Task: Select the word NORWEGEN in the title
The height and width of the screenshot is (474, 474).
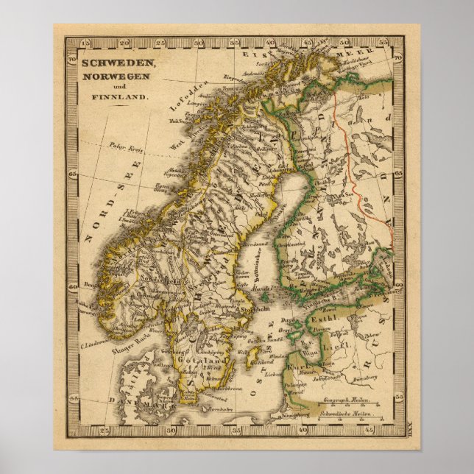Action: (113, 76)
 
